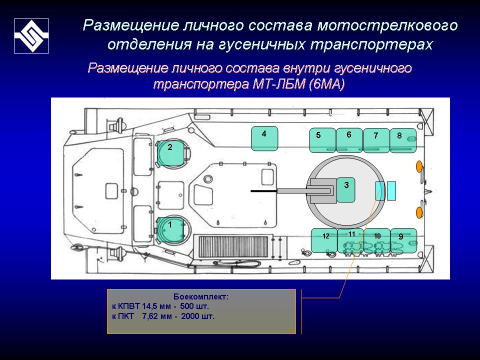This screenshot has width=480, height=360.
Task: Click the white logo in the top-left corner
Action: point(31,36)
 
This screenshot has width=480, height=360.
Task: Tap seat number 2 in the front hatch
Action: point(170,152)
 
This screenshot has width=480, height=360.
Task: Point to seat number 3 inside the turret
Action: point(346,189)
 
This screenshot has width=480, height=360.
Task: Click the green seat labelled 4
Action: point(264,138)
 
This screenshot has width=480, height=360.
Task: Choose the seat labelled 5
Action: point(322,140)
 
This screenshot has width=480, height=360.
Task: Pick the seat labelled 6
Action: point(349,140)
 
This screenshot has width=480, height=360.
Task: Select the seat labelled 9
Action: point(403,240)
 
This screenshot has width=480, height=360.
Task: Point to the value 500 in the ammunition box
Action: point(185,306)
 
